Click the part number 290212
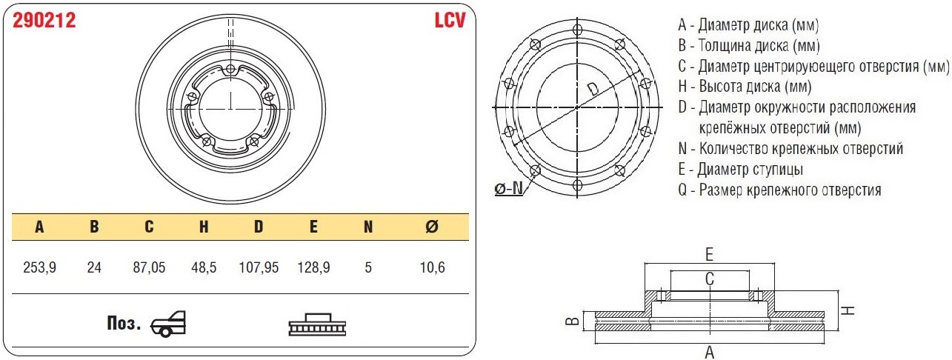(x=45, y=21)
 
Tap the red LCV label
(x=449, y=21)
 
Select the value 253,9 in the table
(x=40, y=267)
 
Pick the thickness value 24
(x=94, y=267)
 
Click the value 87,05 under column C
(x=149, y=267)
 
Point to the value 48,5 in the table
(x=204, y=267)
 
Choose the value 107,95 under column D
(x=258, y=267)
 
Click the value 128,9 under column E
(x=313, y=267)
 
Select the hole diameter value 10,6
(x=432, y=267)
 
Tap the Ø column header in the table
(x=432, y=227)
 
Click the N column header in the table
(x=368, y=227)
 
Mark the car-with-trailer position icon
(x=168, y=324)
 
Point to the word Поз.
(x=124, y=324)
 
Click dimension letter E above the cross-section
(x=709, y=255)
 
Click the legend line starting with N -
(x=790, y=148)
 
